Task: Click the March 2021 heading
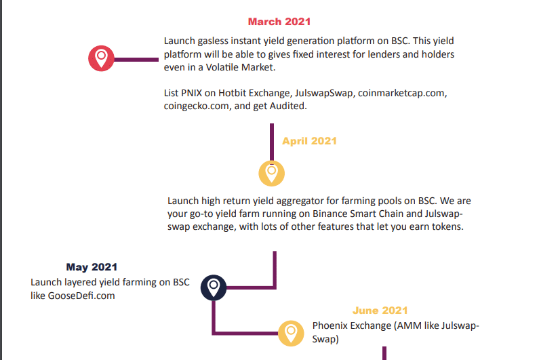279,22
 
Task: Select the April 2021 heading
309,141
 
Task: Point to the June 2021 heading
380,311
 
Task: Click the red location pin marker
101,58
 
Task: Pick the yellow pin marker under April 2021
271,172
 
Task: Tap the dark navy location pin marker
214,287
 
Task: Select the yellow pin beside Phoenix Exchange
292,332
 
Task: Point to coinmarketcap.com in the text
403,92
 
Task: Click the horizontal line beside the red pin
136,60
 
